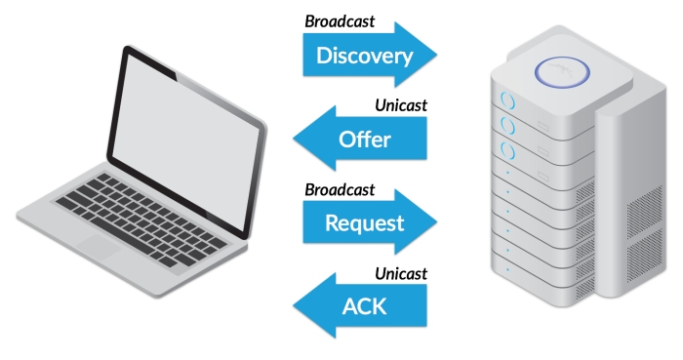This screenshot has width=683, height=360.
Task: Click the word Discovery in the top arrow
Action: pos(365,57)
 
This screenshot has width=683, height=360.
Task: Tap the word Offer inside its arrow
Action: pos(365,140)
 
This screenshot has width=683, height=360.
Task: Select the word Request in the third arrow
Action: pos(365,223)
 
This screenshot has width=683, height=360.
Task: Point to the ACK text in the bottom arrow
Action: pos(364,306)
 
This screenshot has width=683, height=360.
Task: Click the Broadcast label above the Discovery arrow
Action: pos(340,21)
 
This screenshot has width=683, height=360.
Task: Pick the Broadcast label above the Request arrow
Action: pos(340,190)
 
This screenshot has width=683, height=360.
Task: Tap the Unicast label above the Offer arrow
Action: pos(401,105)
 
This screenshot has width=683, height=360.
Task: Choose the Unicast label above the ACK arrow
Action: pos(401,274)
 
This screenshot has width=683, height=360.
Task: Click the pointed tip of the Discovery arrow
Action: pos(436,55)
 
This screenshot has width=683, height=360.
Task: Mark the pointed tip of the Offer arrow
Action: pos(294,139)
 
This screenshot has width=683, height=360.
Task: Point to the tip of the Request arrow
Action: pos(436,222)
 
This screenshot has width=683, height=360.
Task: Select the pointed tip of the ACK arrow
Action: pos(294,305)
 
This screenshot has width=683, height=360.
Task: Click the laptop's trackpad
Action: pos(99,247)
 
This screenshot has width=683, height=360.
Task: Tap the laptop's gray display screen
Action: pos(186,141)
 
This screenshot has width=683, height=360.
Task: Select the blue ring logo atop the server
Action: pos(562,72)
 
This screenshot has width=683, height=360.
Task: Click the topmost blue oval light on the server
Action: pos(507,100)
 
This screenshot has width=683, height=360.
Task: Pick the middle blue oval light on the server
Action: pos(507,126)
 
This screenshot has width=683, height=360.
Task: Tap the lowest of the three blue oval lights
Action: pos(507,151)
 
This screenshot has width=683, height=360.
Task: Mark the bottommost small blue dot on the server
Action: pos(508,270)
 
